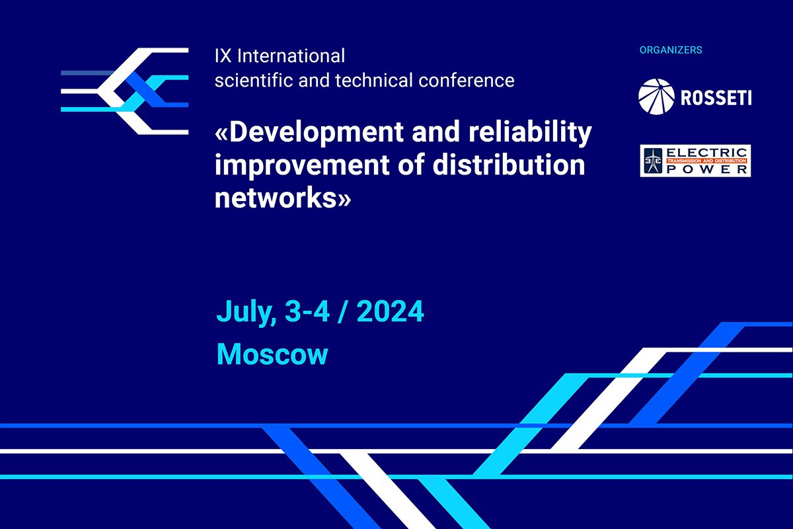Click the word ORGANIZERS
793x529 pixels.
tap(671, 50)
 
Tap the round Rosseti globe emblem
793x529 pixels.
tap(656, 97)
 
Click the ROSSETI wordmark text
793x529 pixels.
tap(716, 98)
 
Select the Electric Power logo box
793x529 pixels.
tap(695, 161)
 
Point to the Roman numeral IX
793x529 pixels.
tap(223, 56)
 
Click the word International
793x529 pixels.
tap(291, 56)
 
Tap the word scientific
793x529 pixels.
tap(254, 80)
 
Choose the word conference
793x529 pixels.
tap(467, 80)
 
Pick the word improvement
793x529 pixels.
tap(302, 166)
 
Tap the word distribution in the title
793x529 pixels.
tap(509, 165)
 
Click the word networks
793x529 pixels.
tap(276, 198)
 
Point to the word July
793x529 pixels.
tap(246, 312)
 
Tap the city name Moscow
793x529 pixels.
tap(272, 354)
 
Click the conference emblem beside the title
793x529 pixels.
tap(125, 91)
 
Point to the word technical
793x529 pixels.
tap(374, 80)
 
